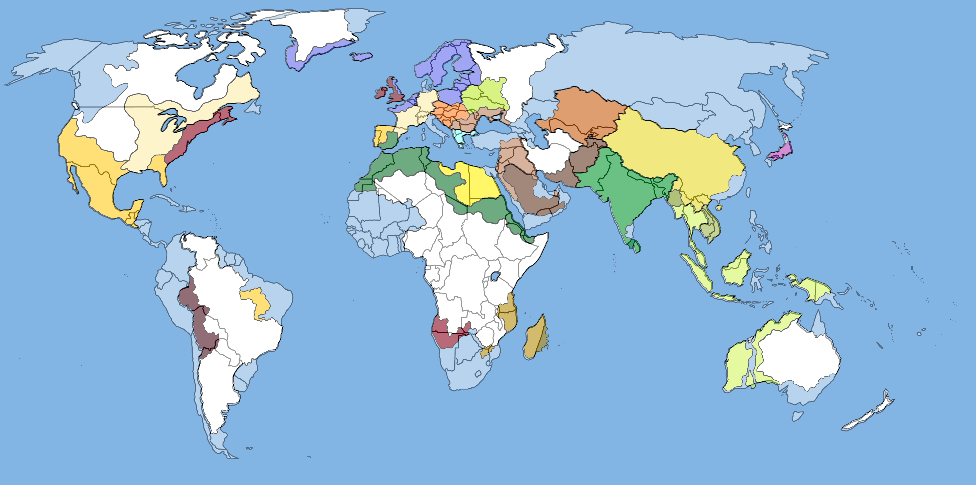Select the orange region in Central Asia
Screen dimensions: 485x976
[583, 114]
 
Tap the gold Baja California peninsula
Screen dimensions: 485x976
[72, 178]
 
